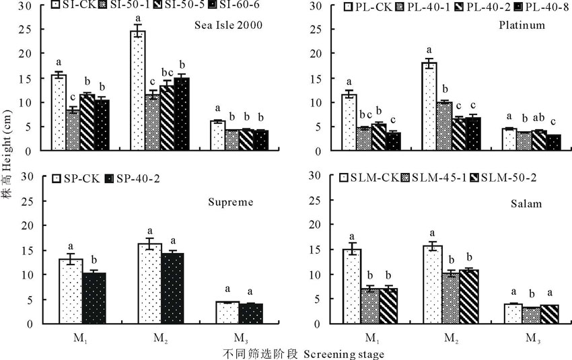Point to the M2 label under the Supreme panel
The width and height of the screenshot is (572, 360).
click(158, 336)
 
